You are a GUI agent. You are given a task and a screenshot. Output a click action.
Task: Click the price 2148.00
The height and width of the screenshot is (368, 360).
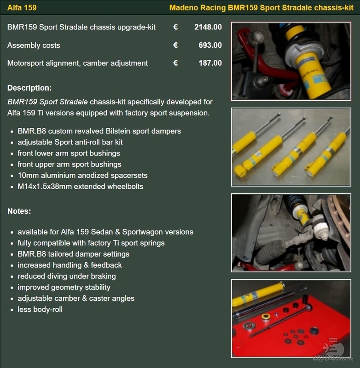208,27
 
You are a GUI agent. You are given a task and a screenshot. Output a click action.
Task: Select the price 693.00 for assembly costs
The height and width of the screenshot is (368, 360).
209,45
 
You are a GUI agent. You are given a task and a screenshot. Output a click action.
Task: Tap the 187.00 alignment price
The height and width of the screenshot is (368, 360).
209,63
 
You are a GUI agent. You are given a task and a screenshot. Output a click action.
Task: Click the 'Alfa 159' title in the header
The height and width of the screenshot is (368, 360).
22,8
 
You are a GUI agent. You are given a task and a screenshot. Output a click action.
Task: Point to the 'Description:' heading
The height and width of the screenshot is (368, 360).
29,88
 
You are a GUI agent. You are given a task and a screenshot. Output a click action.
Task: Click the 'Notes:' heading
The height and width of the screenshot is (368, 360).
19,212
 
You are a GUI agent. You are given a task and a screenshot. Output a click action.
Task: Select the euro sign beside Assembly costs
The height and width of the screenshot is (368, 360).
175,45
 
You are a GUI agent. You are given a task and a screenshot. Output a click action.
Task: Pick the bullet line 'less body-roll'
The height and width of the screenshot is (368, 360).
40,309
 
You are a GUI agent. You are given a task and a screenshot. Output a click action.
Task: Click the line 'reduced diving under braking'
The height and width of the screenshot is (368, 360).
67,276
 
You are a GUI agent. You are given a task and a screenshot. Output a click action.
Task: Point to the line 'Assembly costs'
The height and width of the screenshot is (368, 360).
34,45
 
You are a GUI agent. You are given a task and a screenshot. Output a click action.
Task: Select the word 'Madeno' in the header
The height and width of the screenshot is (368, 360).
184,8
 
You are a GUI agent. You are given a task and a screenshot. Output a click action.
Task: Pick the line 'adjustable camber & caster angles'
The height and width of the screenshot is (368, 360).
76,298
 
